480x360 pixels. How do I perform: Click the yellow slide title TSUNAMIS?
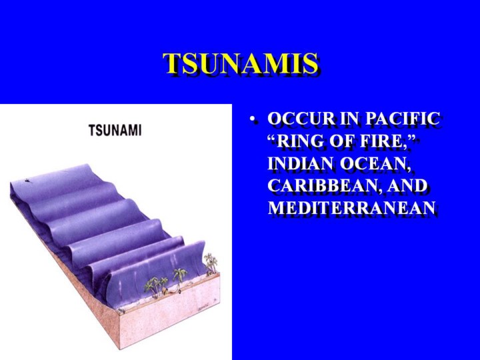[240, 63]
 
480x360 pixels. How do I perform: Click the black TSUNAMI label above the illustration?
[115, 130]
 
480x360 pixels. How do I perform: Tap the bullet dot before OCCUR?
[252, 120]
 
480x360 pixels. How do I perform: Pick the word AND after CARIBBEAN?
[407, 185]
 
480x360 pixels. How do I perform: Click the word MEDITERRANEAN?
[352, 207]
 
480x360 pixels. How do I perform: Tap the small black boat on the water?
[28, 180]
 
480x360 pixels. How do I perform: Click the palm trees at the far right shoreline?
[211, 263]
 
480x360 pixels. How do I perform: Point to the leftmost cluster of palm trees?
[156, 286]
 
